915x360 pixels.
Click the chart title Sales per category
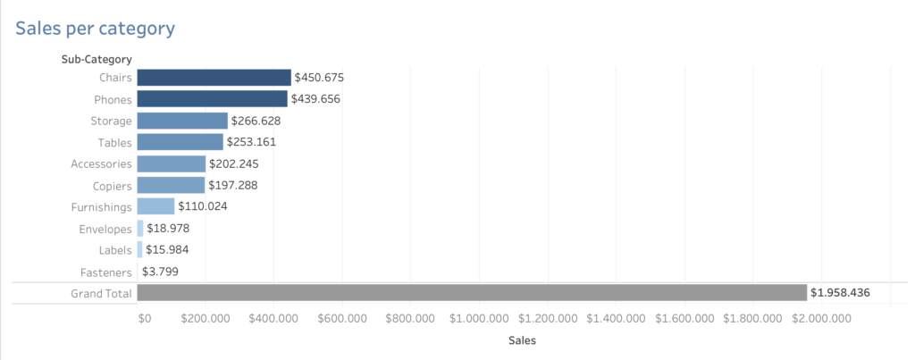(x=96, y=29)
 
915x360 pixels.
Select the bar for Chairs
(x=214, y=78)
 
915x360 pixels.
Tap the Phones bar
(x=213, y=99)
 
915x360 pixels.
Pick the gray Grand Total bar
(x=472, y=293)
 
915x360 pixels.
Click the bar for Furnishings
(x=156, y=206)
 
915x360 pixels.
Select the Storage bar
(x=183, y=121)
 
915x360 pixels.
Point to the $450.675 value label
(x=319, y=78)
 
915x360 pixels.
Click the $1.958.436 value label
(x=840, y=293)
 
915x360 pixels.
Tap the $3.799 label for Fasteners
(x=162, y=272)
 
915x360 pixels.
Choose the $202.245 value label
(x=234, y=163)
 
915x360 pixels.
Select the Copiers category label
(x=112, y=186)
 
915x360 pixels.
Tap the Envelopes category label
(x=105, y=229)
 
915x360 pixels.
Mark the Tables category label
(x=114, y=142)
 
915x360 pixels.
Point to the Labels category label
(x=115, y=250)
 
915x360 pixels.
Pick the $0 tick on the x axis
(x=145, y=318)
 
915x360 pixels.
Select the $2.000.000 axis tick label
(x=822, y=318)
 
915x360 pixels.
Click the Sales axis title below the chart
(x=522, y=340)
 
